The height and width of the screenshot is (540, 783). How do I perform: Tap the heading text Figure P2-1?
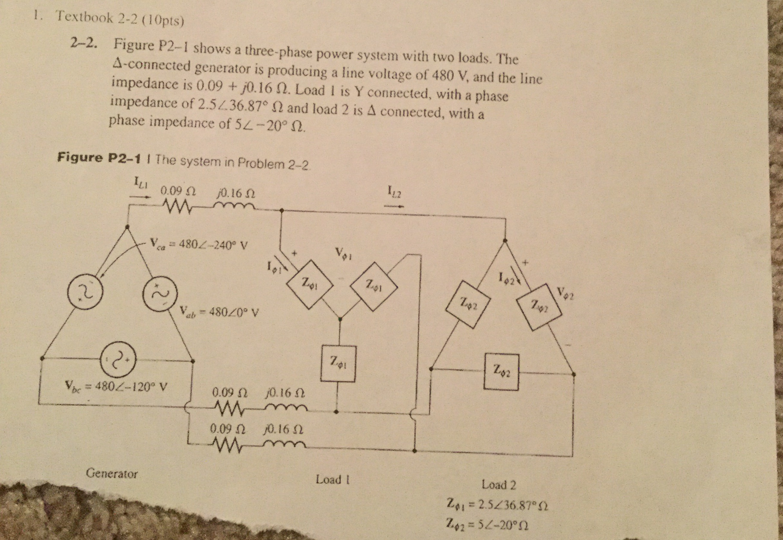pos(99,158)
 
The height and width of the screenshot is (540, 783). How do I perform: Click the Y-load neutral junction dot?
pos(340,319)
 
